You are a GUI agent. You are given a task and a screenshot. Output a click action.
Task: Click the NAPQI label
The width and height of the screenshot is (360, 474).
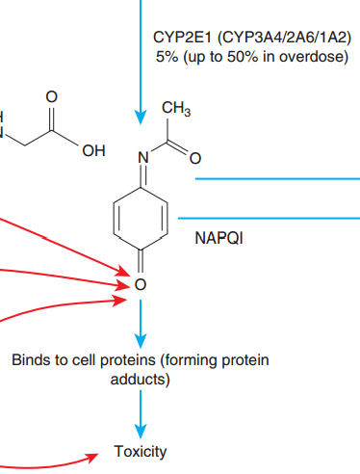coord(219,238)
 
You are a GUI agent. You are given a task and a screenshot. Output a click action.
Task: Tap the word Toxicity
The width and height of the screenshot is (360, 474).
coord(141,451)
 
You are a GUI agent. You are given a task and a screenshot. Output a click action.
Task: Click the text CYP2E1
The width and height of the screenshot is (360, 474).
coord(182,38)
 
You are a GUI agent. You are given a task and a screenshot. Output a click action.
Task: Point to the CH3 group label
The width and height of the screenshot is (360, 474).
coord(176,108)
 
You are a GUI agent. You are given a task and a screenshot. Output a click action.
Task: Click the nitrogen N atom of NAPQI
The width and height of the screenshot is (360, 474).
coord(143,158)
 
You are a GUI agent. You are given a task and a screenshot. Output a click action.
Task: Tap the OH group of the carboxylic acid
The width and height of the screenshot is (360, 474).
coord(93,151)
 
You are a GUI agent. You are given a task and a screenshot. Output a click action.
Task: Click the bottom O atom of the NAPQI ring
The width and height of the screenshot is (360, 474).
coord(141,284)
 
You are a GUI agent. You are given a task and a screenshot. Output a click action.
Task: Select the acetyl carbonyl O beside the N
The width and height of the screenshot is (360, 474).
coord(195,158)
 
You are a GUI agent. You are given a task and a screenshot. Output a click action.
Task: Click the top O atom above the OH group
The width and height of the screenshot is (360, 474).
coord(51,96)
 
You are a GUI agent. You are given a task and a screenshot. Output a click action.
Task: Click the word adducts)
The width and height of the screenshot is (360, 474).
coord(141,380)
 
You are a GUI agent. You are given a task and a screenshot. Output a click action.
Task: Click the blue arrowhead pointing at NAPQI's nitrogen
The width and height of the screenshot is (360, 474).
coord(141,118)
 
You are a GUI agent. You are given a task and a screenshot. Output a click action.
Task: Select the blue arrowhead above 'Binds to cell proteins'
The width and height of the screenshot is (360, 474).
coord(141,341)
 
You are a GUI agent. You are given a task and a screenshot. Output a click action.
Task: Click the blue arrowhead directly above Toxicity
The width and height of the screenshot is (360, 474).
coord(141,432)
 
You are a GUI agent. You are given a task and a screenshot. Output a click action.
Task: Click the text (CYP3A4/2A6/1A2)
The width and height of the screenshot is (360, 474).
coord(285,38)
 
